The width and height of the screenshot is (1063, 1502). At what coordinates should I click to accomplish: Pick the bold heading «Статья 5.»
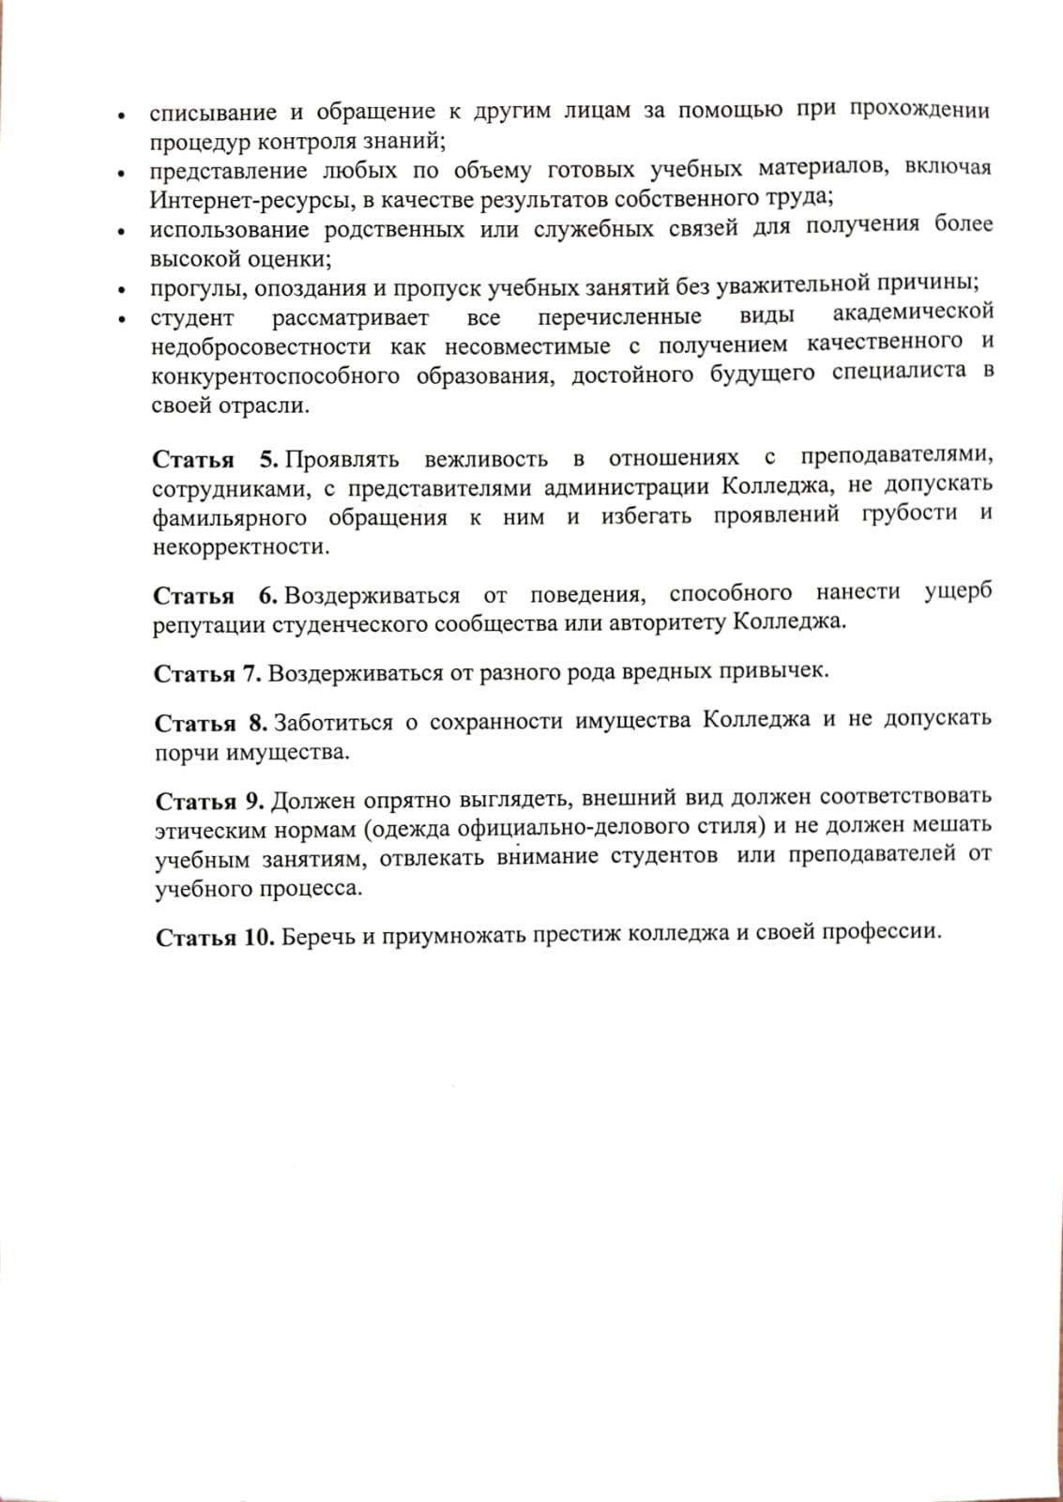(x=216, y=460)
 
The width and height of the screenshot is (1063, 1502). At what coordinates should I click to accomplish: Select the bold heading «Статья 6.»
(x=216, y=596)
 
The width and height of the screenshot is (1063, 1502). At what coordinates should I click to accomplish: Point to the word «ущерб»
(x=958, y=593)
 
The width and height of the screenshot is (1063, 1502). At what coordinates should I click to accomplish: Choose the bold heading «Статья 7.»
(x=207, y=673)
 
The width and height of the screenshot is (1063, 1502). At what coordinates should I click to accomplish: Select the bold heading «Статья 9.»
(x=210, y=801)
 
